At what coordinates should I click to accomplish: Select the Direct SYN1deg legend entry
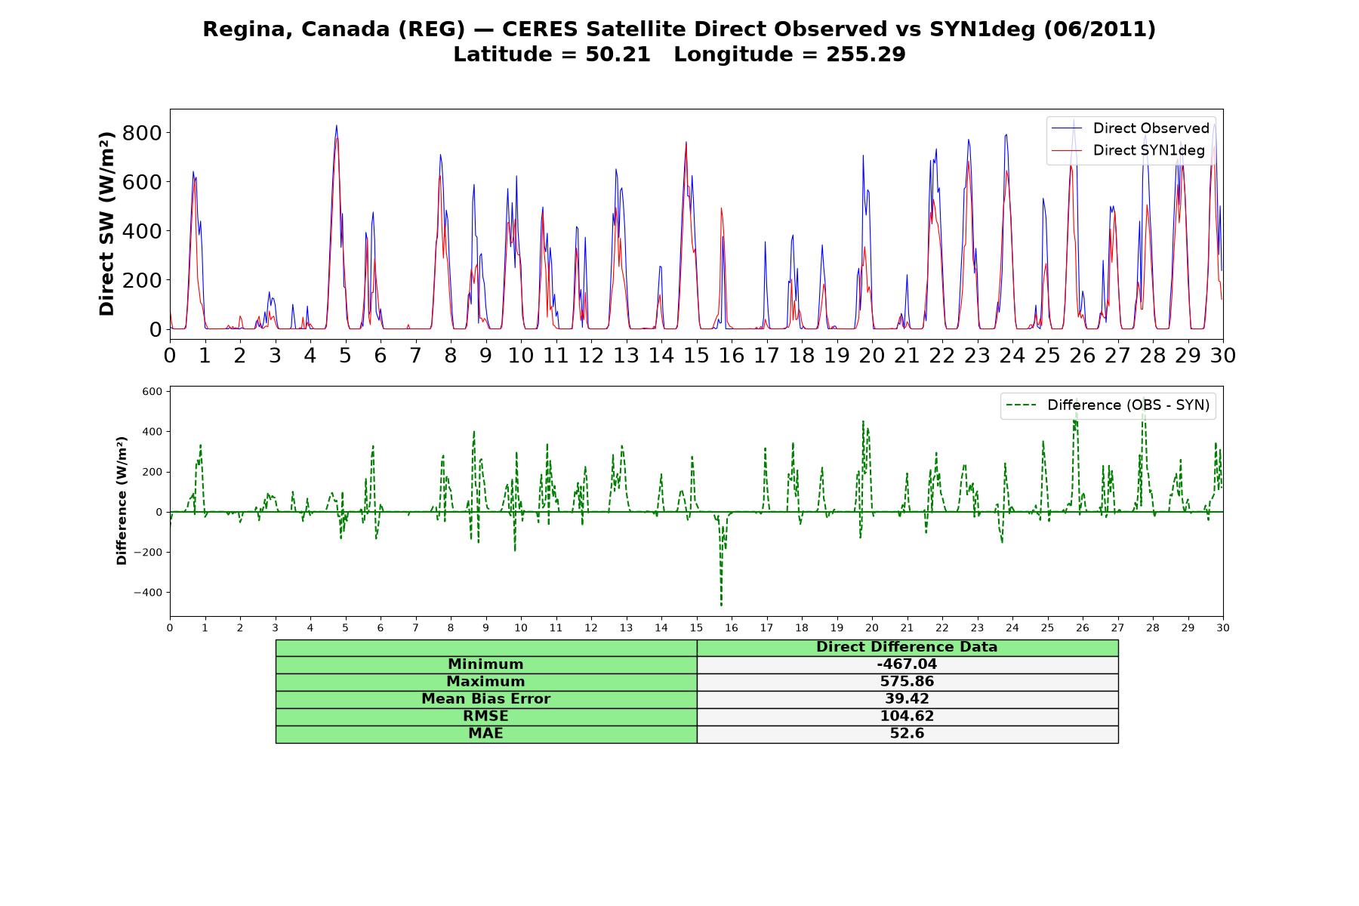(1128, 150)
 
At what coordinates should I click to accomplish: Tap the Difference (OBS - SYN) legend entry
(1108, 405)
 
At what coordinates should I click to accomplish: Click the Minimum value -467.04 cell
(907, 664)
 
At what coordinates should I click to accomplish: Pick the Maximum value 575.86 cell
(907, 682)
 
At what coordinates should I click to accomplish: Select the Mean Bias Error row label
(485, 699)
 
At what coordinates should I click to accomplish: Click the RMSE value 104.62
(907, 716)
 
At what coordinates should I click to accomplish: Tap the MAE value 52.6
(907, 734)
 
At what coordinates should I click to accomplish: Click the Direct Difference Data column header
(907, 647)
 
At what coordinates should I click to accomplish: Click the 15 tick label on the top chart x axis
(696, 356)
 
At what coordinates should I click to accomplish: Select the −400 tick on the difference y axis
(148, 593)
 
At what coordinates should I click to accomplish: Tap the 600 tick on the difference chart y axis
(152, 392)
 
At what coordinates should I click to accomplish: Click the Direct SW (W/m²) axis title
(107, 223)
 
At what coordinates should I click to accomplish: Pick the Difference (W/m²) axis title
(122, 501)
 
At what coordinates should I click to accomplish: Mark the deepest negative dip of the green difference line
(721, 605)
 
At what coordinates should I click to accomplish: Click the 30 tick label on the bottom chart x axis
(1222, 628)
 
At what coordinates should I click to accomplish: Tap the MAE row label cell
(485, 734)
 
